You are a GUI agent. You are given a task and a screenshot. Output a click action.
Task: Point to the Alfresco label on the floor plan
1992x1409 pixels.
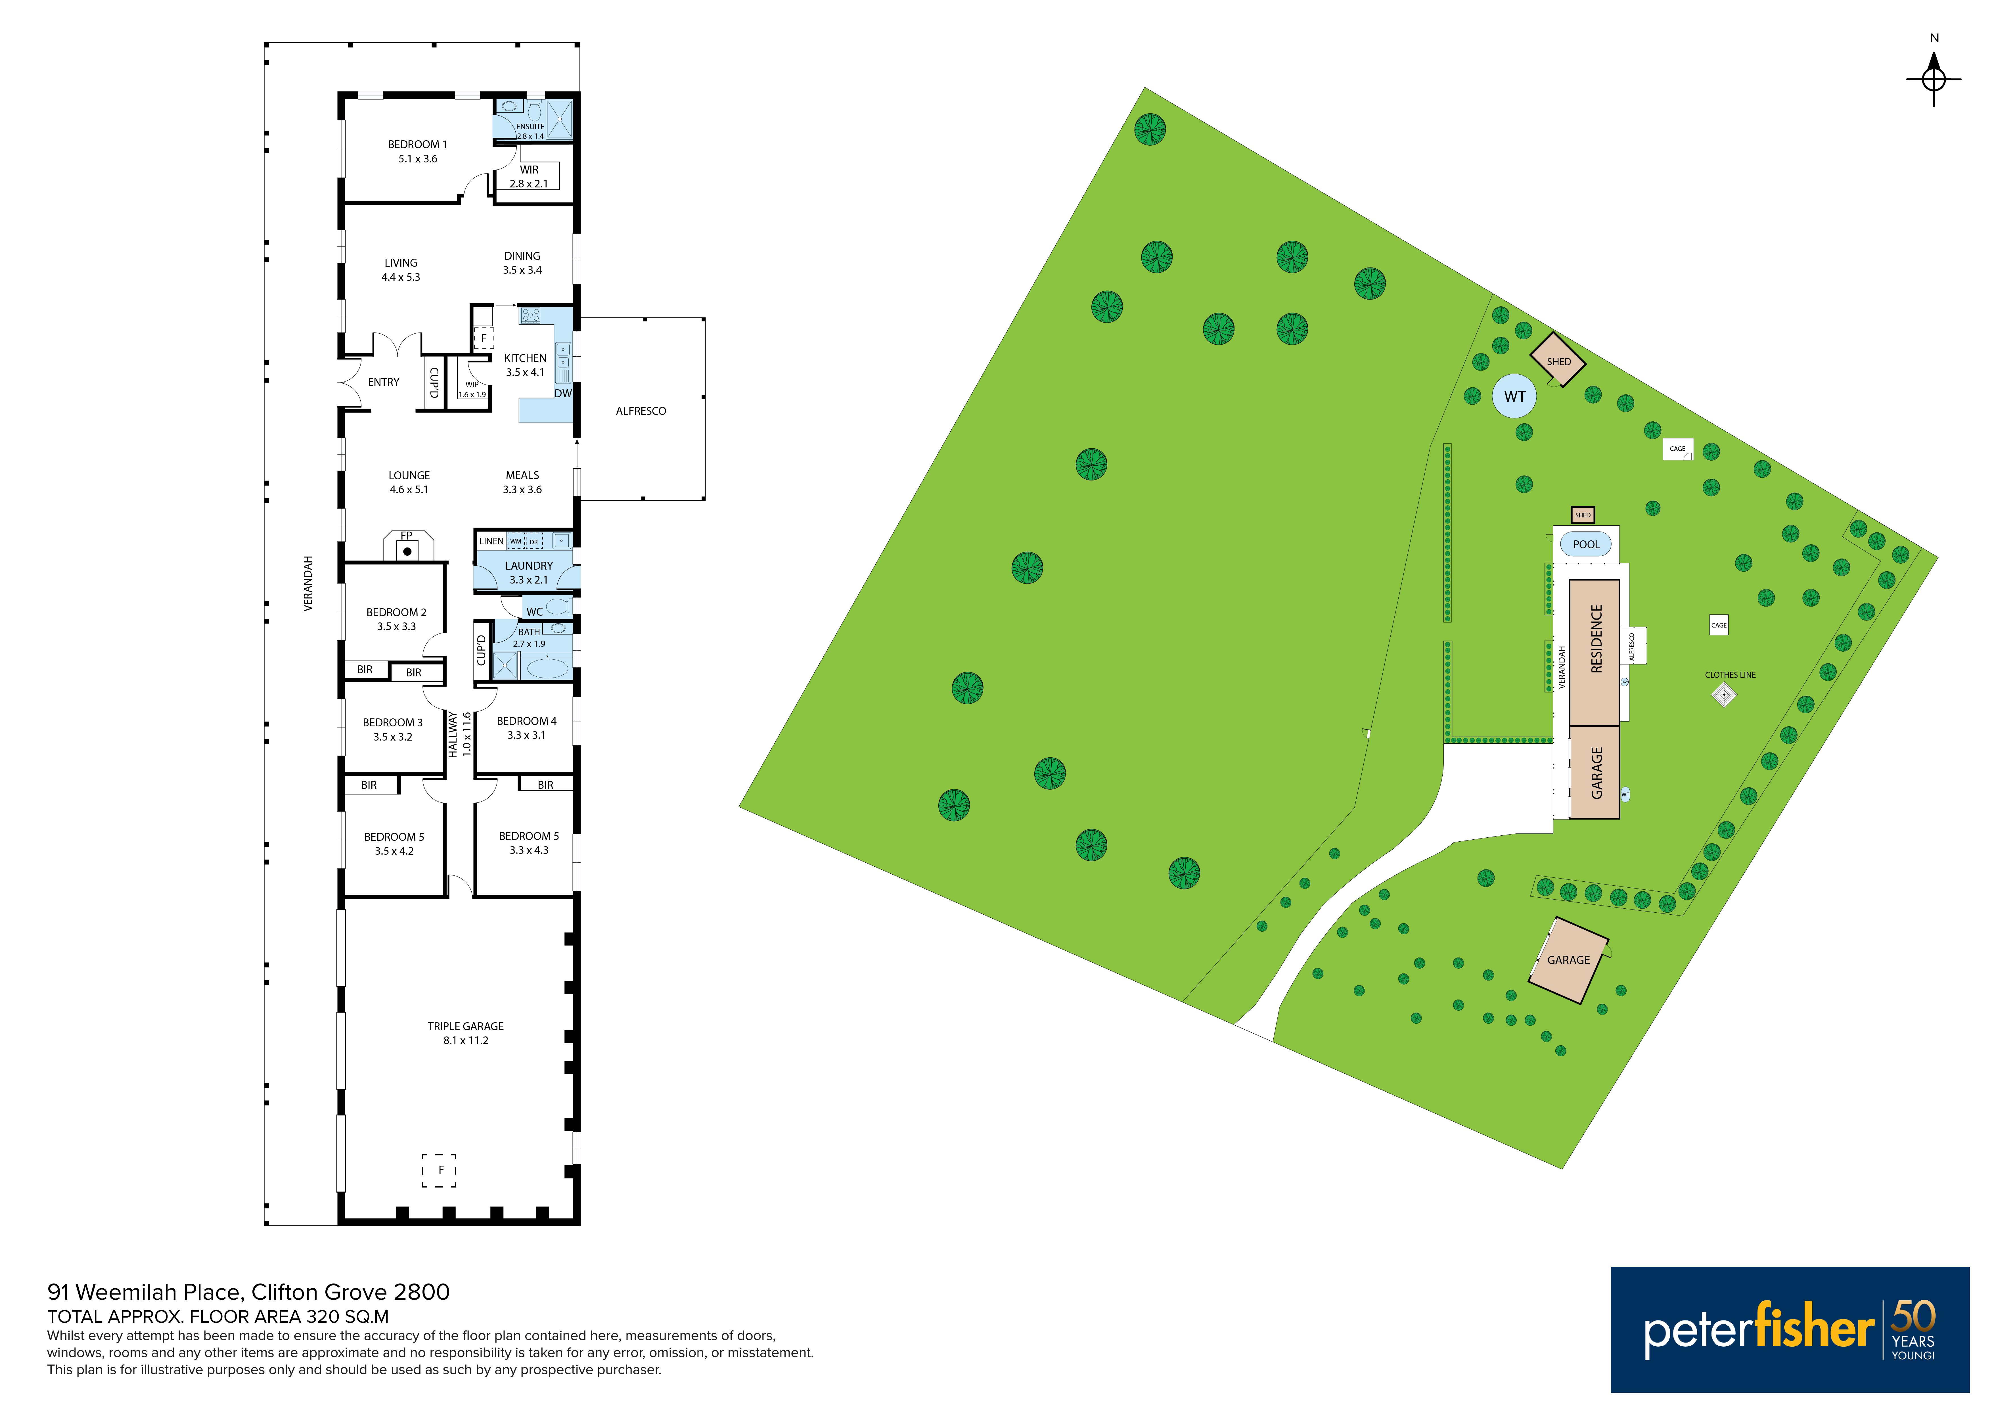pyautogui.click(x=641, y=411)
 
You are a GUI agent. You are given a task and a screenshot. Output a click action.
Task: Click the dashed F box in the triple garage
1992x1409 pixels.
pyautogui.click(x=439, y=1170)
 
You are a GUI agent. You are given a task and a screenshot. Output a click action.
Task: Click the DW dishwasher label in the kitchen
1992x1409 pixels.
pyautogui.click(x=563, y=393)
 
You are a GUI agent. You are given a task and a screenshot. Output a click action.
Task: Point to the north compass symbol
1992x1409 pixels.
pyautogui.click(x=1934, y=79)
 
